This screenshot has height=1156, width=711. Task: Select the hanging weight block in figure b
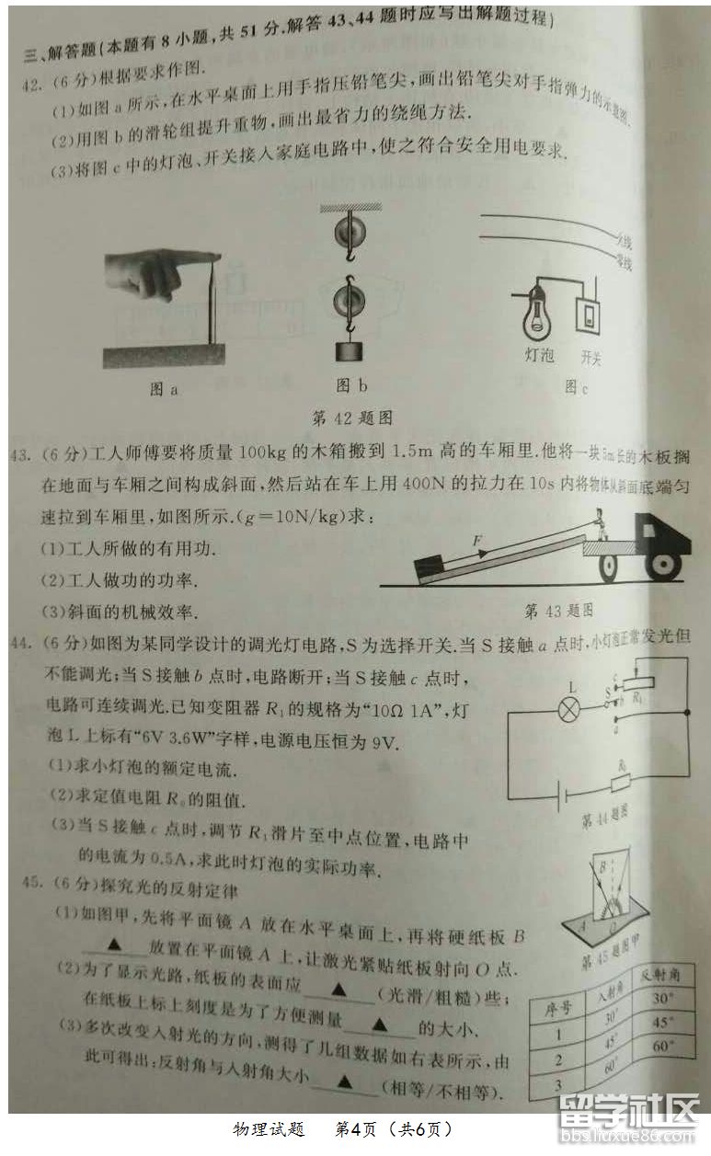point(348,352)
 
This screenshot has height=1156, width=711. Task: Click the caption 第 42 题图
point(352,418)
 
